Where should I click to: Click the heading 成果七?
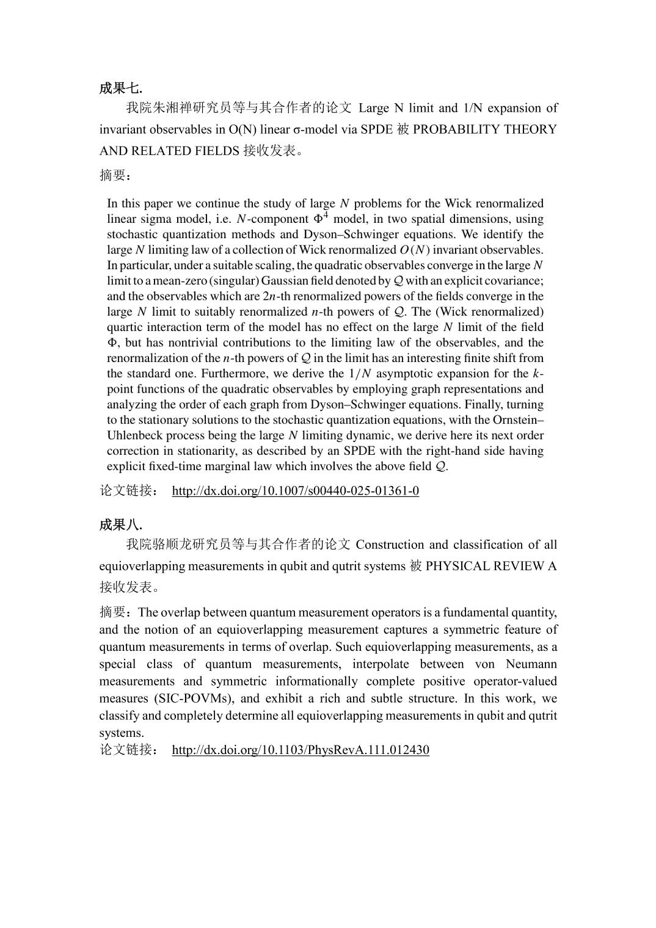(x=121, y=89)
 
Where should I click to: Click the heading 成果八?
(x=121, y=525)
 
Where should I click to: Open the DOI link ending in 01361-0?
(x=295, y=491)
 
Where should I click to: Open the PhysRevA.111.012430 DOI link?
(x=300, y=750)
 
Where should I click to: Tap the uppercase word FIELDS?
(x=217, y=151)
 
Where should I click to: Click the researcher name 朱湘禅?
(x=173, y=108)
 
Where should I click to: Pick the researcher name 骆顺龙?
(x=173, y=545)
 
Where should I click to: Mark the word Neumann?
(x=531, y=664)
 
